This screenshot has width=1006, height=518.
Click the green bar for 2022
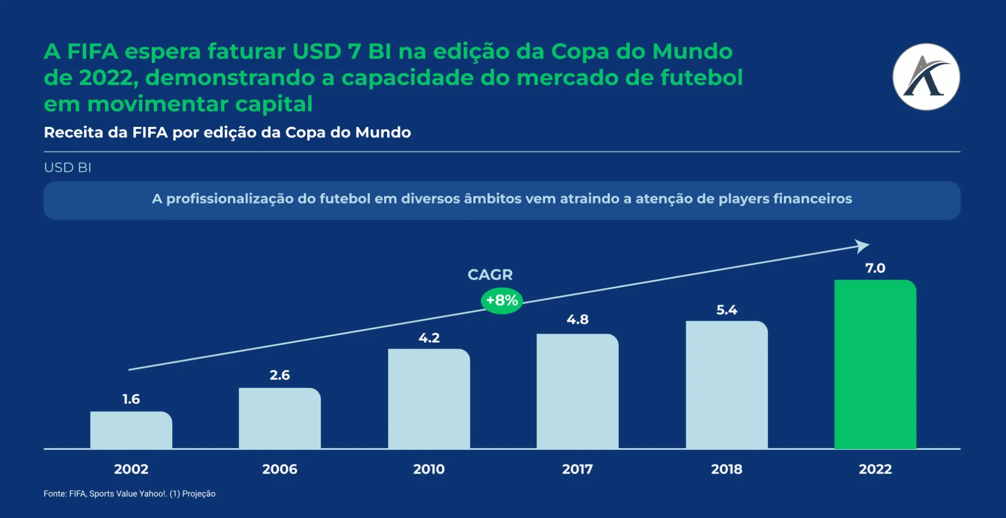click(x=875, y=364)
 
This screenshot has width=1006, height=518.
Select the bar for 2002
click(x=131, y=430)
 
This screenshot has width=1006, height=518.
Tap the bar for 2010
click(x=428, y=399)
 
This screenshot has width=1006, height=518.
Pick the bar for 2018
click(x=726, y=385)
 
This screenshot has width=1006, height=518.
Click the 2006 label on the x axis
click(x=280, y=469)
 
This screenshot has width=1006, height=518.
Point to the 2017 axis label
click(x=577, y=469)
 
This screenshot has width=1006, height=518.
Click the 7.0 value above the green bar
click(x=875, y=268)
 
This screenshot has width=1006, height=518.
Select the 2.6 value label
click(x=280, y=375)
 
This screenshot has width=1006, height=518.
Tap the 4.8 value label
click(x=577, y=319)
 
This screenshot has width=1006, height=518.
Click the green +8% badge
click(x=501, y=301)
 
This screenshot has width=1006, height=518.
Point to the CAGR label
click(x=490, y=274)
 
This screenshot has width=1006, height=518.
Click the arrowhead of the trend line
click(x=862, y=246)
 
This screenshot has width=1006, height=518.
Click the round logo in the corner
click(x=926, y=77)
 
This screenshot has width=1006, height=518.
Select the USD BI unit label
click(x=68, y=168)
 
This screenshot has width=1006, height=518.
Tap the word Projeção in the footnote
click(x=199, y=494)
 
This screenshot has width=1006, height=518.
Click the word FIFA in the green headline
click(x=93, y=52)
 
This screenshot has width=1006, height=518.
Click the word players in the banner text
click(x=743, y=199)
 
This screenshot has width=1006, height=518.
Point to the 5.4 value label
click(x=726, y=310)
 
